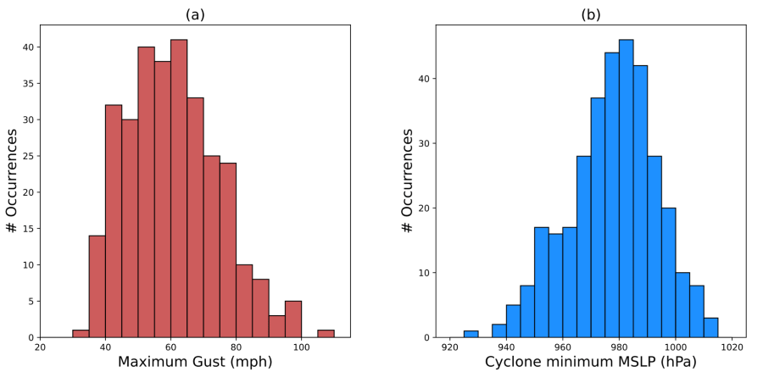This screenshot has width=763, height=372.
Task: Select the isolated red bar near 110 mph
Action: pyautogui.click(x=326, y=333)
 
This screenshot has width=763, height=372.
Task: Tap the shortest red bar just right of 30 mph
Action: pyautogui.click(x=81, y=333)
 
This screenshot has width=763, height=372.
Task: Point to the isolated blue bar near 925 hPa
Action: pyautogui.click(x=471, y=334)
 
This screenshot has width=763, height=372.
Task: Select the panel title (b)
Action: pyautogui.click(x=590, y=14)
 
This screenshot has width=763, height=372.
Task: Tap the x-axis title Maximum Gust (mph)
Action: pyautogui.click(x=194, y=362)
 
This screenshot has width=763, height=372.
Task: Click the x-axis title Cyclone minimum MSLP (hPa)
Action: pyautogui.click(x=590, y=362)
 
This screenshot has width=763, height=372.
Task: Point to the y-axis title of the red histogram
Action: pyautogui.click(x=13, y=181)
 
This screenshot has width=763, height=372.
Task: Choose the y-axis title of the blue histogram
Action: pyautogui.click(x=408, y=181)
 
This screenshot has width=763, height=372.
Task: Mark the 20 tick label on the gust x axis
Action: pyautogui.click(x=40, y=346)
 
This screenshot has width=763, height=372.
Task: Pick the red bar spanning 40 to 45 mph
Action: pyautogui.click(x=113, y=220)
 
